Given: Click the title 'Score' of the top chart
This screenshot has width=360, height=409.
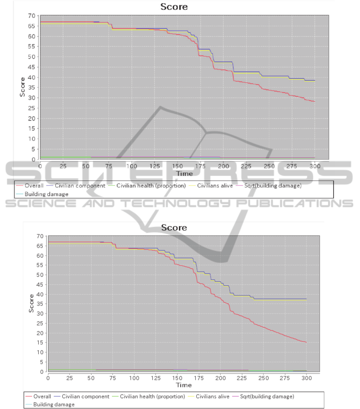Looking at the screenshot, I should (174, 7).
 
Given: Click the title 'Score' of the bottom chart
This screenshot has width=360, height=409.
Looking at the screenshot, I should (174, 227).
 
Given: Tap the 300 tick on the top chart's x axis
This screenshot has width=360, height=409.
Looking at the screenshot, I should (315, 166).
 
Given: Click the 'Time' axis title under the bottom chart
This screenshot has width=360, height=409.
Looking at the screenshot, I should (184, 385).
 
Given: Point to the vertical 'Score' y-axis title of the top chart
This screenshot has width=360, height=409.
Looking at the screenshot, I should (23, 87).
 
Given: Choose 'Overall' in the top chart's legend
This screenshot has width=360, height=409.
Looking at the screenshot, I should (34, 186).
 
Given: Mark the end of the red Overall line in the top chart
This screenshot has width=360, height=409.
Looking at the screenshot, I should (315, 102).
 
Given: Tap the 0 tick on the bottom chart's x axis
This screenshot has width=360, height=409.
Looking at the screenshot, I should (48, 377).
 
